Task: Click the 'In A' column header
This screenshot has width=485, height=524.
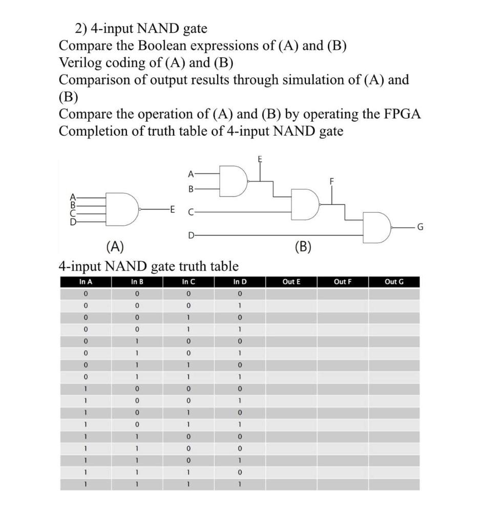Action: (86, 282)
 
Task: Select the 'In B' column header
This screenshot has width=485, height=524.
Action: (137, 282)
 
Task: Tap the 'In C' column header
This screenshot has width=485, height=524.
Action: (188, 282)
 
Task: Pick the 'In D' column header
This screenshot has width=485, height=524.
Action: (240, 282)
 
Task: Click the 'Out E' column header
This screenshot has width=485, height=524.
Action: (291, 282)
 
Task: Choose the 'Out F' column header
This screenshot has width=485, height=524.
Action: (342, 282)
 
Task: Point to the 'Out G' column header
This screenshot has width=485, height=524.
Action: (393, 282)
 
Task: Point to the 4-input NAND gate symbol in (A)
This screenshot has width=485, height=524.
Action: (121, 209)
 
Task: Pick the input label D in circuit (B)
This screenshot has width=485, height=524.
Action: (191, 235)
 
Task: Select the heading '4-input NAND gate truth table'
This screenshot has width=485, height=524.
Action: (149, 266)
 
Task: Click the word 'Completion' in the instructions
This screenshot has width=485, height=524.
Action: (94, 131)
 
